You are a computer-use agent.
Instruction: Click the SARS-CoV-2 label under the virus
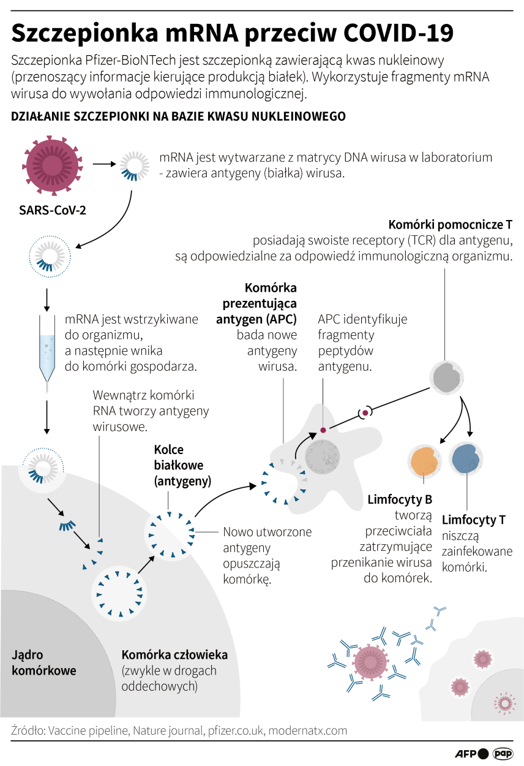coord(52,210)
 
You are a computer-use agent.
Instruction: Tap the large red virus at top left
coord(52,165)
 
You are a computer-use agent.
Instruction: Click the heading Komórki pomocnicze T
coord(451,224)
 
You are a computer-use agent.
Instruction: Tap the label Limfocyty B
coord(400,499)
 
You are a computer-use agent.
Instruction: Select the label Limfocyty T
coord(473,520)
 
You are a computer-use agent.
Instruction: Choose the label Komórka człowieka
coord(174,654)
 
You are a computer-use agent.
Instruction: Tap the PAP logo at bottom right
coord(503,754)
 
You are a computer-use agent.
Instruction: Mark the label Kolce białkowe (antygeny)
coord(182,465)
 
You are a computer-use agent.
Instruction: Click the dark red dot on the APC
coord(323,431)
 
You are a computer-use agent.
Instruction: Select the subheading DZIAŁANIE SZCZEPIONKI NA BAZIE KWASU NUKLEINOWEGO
coord(178,116)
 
